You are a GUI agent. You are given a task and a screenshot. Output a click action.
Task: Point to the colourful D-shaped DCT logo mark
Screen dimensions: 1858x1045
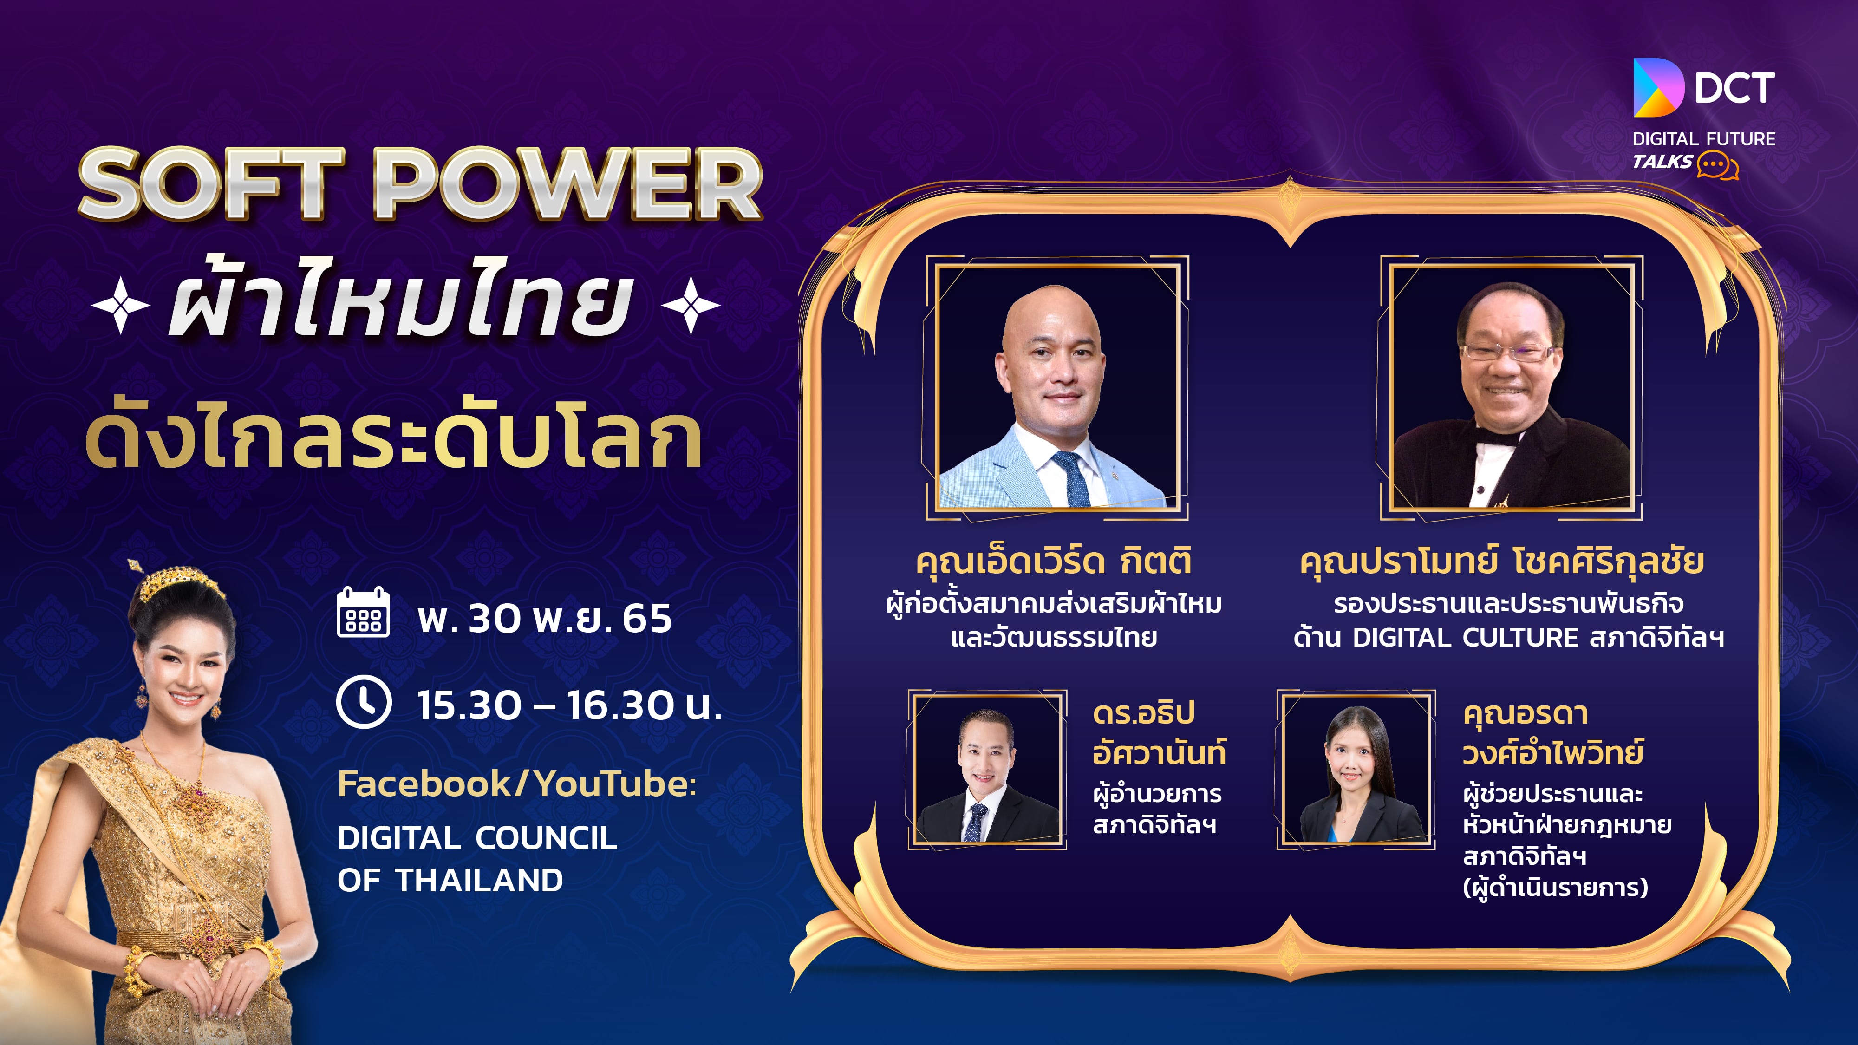point(1657,87)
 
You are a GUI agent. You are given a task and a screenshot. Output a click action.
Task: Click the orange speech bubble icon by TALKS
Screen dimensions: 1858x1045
point(1717,166)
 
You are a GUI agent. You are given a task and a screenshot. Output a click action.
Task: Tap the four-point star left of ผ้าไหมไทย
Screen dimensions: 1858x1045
point(120,305)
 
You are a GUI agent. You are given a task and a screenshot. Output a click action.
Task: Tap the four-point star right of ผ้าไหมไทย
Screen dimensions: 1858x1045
point(690,305)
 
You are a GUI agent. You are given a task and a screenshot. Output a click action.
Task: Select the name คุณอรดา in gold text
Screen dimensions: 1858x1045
point(1526,714)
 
